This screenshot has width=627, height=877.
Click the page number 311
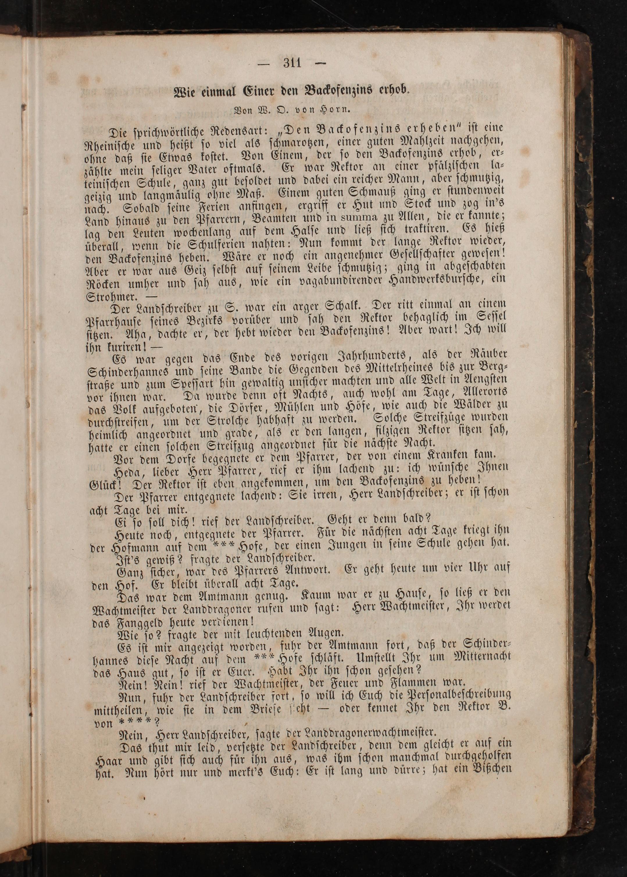[292, 63]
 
